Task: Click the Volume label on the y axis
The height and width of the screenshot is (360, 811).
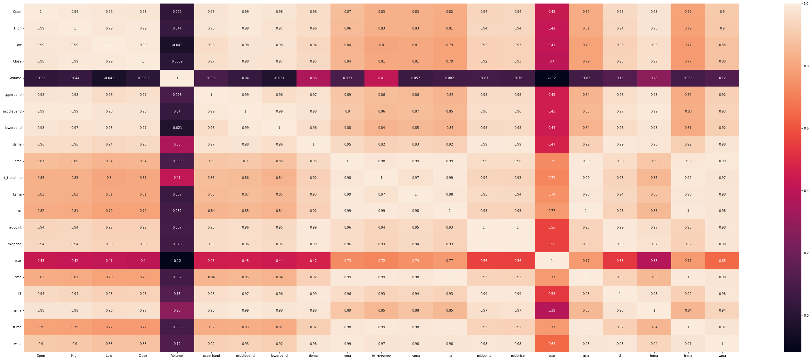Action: click(15, 78)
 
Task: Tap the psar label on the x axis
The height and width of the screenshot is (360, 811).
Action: click(552, 356)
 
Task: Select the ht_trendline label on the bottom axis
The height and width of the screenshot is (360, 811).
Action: click(381, 356)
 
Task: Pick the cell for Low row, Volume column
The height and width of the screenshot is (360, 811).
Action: click(177, 45)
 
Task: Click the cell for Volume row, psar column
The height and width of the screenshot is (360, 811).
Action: click(552, 78)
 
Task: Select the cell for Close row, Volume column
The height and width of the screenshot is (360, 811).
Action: click(177, 62)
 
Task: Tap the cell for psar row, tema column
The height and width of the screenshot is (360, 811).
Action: click(654, 261)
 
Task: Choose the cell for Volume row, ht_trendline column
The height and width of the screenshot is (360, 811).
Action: click(381, 78)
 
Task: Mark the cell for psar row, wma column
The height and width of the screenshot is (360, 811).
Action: click(722, 261)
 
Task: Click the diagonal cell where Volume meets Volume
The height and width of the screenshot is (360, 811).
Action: click(177, 78)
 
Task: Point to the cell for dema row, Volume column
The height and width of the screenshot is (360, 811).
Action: click(177, 145)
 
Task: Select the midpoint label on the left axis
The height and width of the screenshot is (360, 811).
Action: click(14, 228)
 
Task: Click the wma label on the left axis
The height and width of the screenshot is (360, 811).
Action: click(17, 344)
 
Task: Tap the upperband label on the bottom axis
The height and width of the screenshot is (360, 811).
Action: click(211, 356)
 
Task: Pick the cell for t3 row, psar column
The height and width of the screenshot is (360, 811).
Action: click(552, 294)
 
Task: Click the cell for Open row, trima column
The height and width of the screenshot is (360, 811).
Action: click(688, 12)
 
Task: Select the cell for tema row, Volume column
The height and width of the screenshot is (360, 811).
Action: click(177, 310)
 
